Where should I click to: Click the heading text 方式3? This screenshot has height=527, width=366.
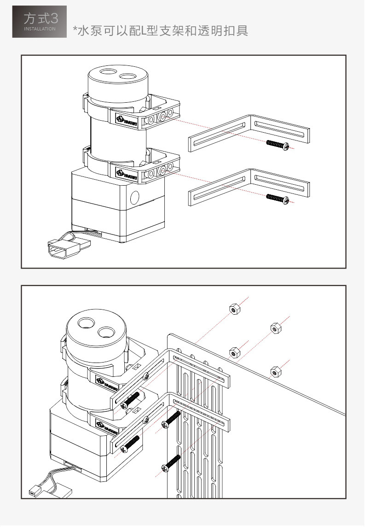pos(41,18)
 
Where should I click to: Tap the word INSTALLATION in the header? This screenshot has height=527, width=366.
pos(40,29)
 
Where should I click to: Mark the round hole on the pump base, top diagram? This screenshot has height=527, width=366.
pos(134,198)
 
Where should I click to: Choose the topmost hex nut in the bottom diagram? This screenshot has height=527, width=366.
pos(234,309)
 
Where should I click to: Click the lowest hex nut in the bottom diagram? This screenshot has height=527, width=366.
pos(275,371)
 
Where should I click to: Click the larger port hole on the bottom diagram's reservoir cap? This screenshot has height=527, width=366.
pos(86,324)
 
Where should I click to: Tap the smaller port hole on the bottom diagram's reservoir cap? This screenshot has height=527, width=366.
pos(106,332)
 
